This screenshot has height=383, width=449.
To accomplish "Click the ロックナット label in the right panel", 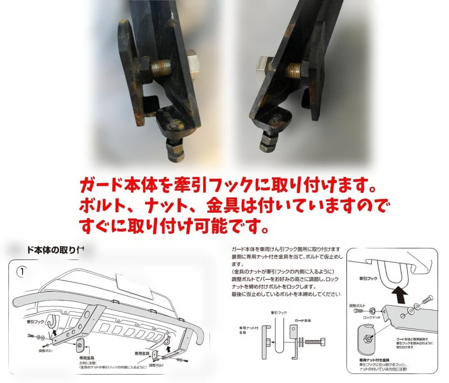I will (371, 317).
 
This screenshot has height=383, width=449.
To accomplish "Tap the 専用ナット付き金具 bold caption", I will (374, 360).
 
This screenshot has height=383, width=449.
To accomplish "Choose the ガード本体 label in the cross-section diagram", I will (302, 321).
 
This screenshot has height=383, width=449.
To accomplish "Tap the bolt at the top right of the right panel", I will (426, 300).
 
